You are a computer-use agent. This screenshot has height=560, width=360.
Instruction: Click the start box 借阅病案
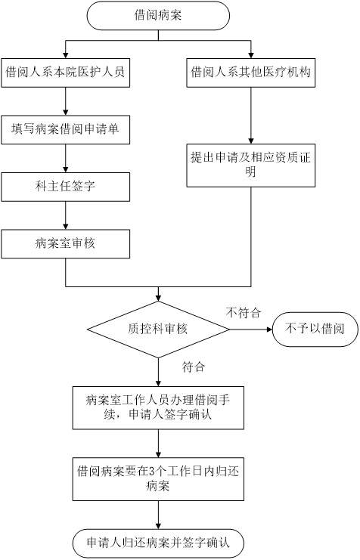(x=158, y=15)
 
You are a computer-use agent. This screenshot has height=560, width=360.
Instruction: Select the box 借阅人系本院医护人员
(x=66, y=73)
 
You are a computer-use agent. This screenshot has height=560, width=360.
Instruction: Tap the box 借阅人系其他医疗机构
(x=250, y=73)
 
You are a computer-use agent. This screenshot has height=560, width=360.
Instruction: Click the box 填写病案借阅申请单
(x=66, y=130)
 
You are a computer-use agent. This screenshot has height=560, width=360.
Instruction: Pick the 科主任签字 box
(x=66, y=187)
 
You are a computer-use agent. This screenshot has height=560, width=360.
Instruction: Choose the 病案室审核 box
(x=66, y=244)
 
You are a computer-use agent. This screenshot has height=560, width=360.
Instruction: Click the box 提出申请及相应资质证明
(x=250, y=166)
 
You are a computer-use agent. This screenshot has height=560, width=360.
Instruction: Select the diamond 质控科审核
(x=158, y=330)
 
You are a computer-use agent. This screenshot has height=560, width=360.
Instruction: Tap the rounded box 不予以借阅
(x=315, y=330)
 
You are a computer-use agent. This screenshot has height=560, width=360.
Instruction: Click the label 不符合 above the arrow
(x=244, y=313)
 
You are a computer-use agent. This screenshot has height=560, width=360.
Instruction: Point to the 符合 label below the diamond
(x=194, y=367)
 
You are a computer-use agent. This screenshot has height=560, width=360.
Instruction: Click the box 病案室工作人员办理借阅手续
(x=158, y=408)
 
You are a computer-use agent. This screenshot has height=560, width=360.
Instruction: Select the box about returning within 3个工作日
(x=158, y=479)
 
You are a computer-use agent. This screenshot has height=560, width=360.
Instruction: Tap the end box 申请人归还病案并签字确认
(x=158, y=543)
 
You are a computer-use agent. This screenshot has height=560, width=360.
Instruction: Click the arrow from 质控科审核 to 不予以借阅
(x=250, y=330)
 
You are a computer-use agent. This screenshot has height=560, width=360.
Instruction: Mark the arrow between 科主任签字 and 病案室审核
(x=66, y=215)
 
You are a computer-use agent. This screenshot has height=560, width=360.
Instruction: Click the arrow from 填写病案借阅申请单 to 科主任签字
(x=66, y=158)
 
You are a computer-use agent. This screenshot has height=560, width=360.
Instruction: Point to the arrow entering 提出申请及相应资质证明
(x=250, y=116)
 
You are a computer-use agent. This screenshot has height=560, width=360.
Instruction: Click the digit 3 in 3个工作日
(x=151, y=472)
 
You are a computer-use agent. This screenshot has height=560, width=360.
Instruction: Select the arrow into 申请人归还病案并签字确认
(x=158, y=515)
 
